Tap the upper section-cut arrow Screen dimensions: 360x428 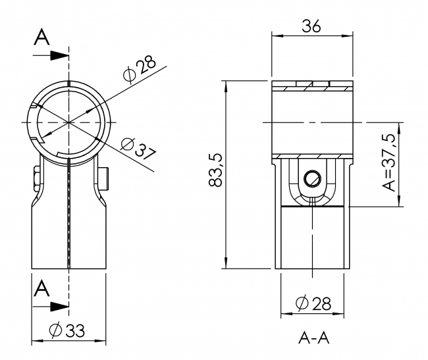[58, 56]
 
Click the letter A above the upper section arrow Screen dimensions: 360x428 [41, 39]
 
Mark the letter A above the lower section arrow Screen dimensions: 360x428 [41, 288]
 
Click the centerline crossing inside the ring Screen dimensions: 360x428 [68, 122]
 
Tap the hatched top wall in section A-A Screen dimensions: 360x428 [312, 86]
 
